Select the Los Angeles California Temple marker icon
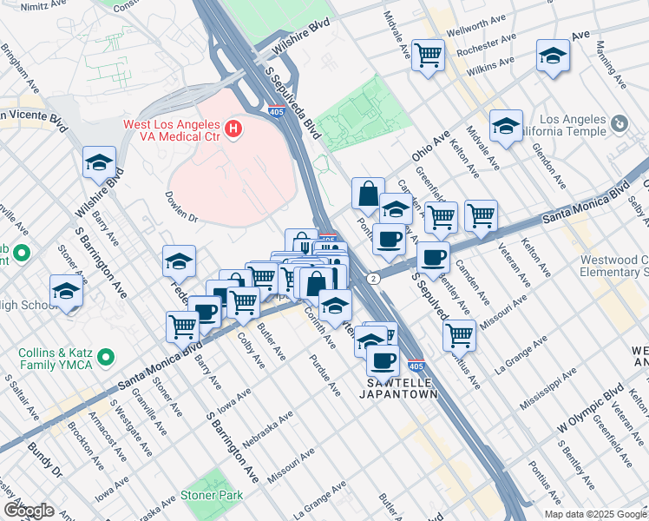(619, 125)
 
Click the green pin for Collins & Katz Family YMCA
(106, 357)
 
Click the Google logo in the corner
(28, 511)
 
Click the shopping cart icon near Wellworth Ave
(428, 56)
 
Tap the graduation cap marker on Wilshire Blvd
(100, 162)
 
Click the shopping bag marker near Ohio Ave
(368, 193)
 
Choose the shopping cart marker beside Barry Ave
(182, 326)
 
